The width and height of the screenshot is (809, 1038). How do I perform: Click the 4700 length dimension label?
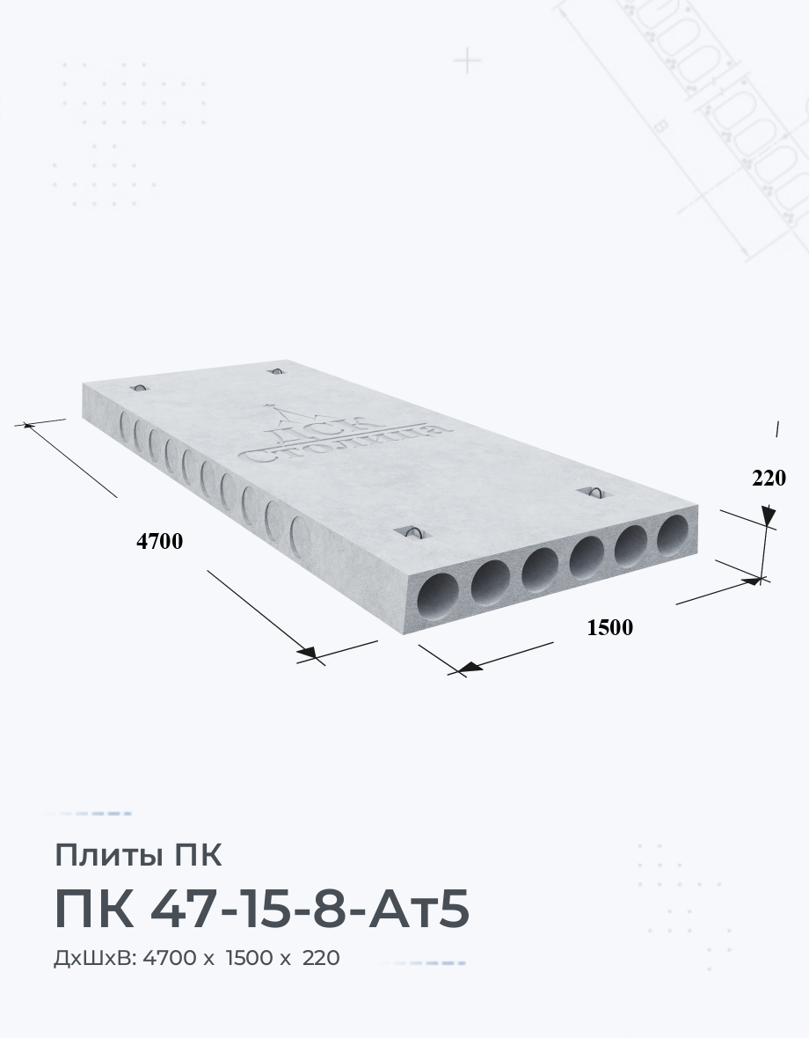click(159, 541)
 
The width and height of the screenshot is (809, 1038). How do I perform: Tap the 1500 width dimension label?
click(610, 627)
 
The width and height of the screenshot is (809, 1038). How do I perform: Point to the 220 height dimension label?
click(769, 478)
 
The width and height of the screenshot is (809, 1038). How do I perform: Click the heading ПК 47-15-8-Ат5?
click(262, 908)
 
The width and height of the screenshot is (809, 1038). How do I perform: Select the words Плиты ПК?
click(138, 855)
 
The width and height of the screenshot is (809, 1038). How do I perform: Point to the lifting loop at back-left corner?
click(140, 386)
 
